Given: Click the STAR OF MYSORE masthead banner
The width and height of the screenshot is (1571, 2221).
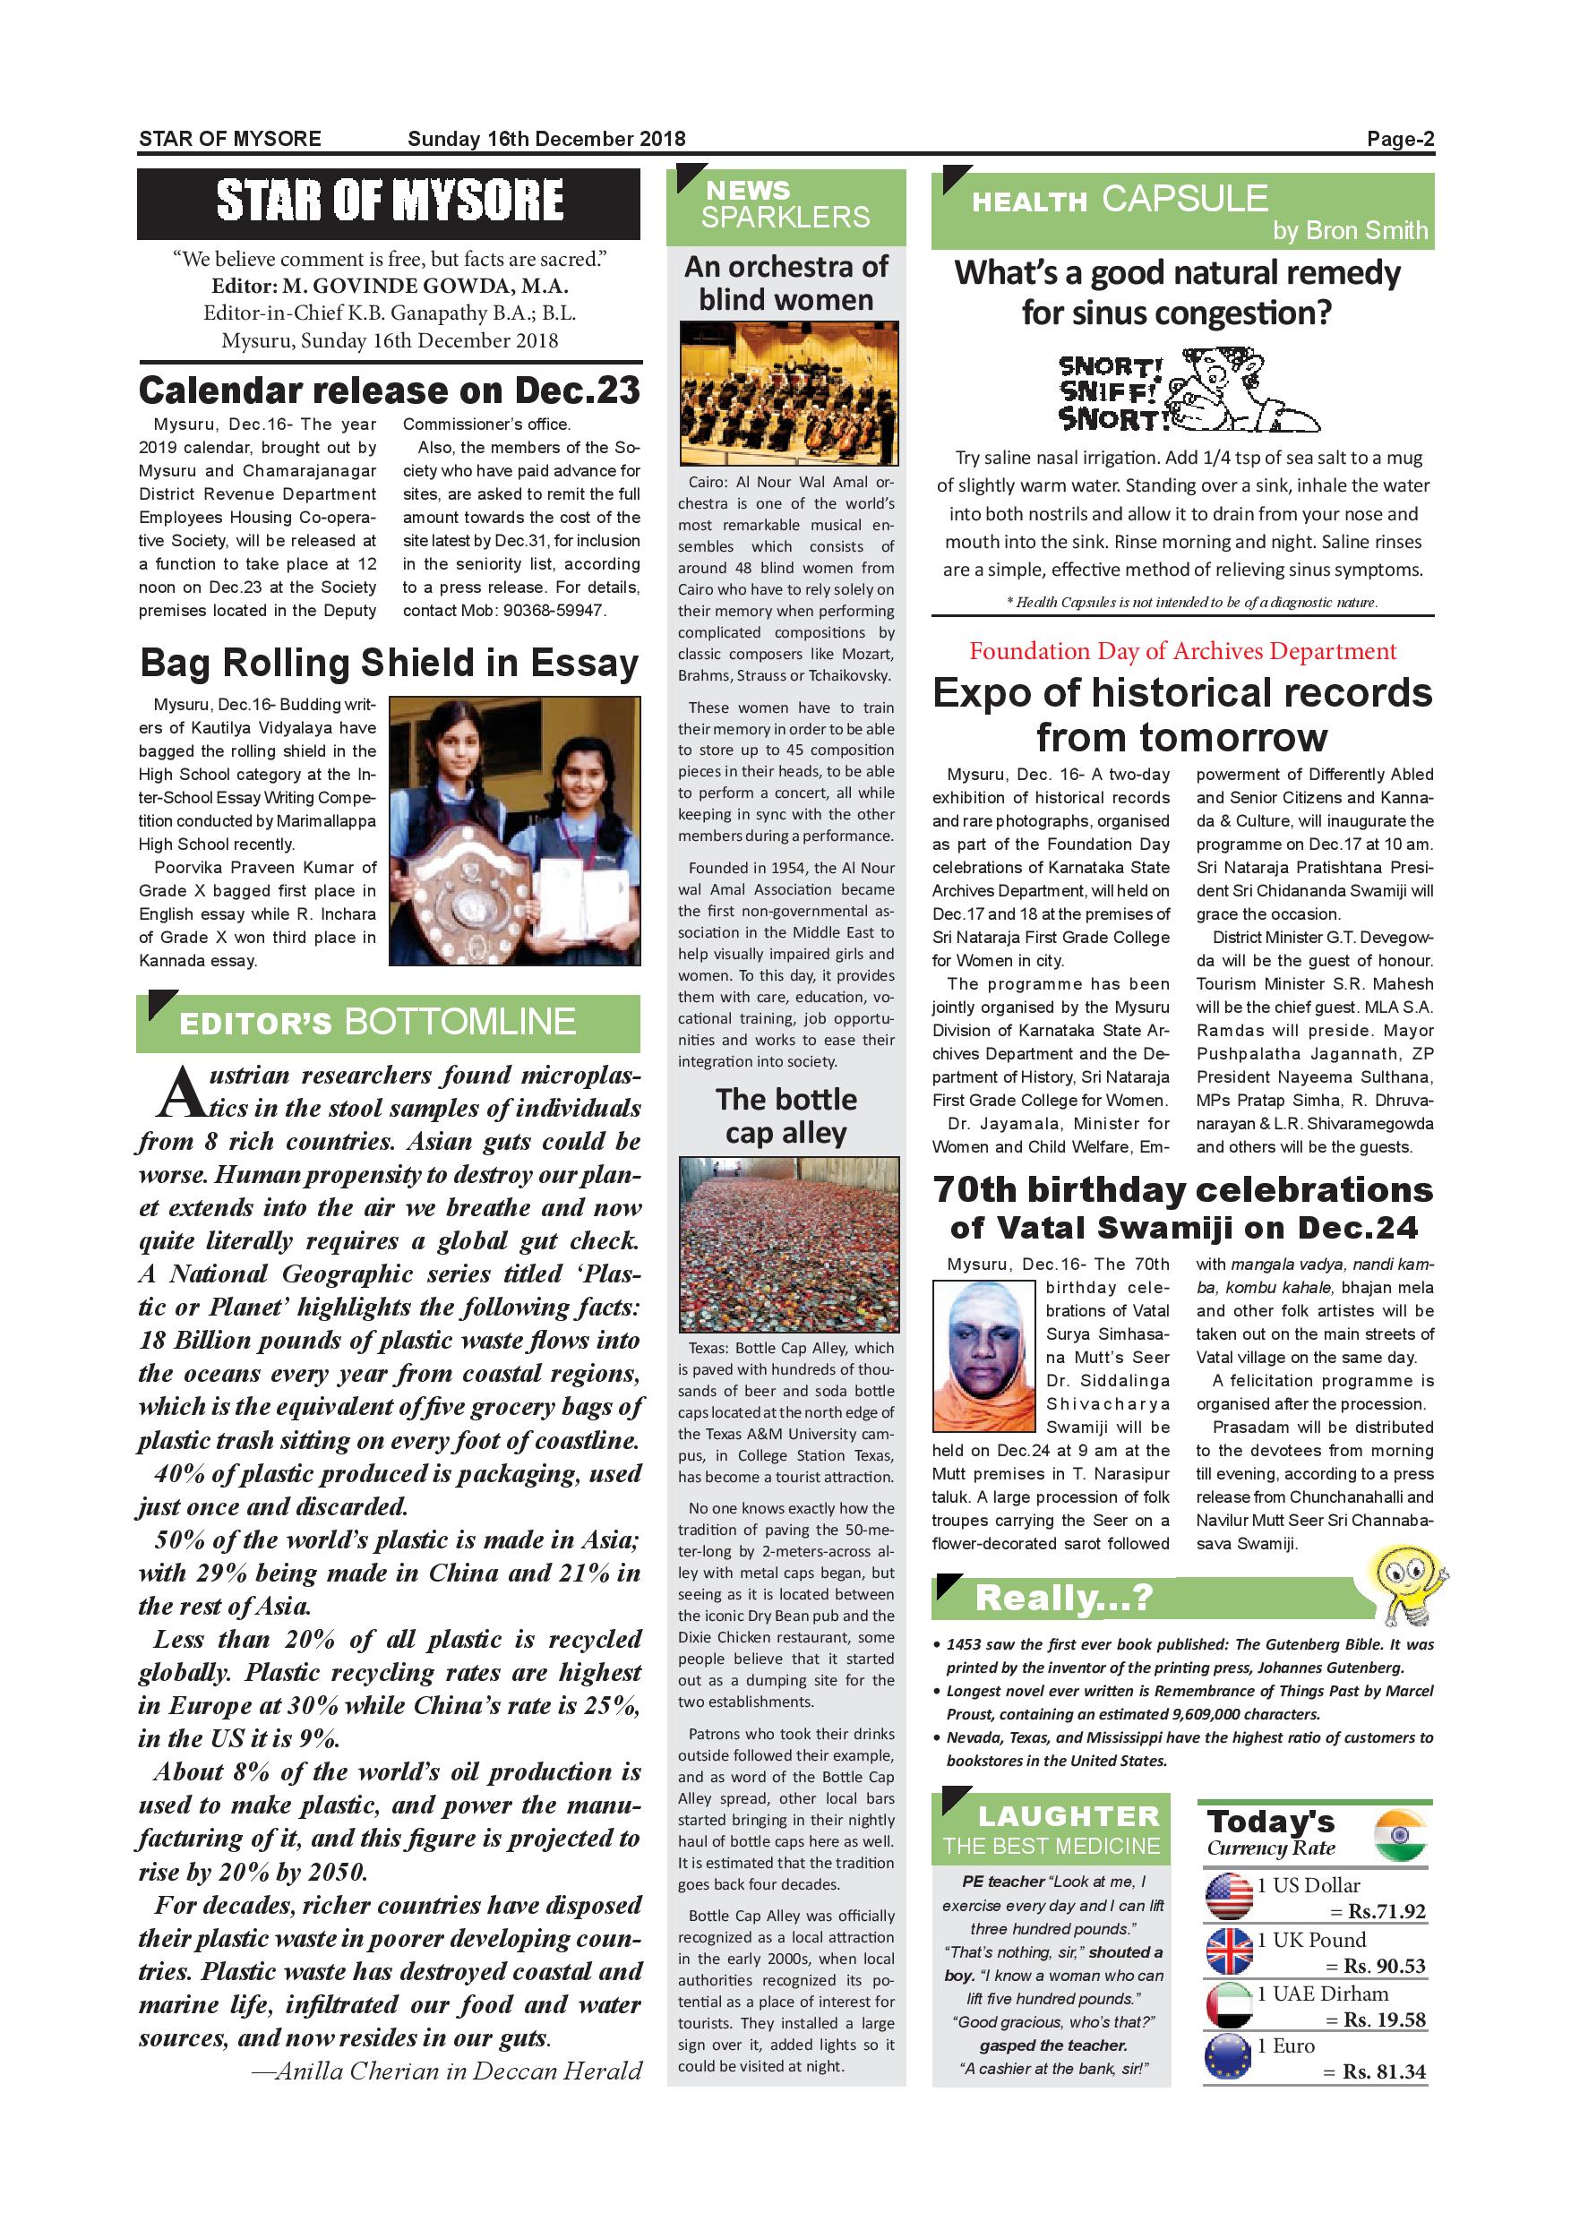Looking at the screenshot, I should pos(388,203).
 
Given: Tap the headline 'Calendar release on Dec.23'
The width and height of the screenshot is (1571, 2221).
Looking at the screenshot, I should pos(389,390).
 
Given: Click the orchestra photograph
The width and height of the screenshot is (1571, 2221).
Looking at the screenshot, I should pos(788,393).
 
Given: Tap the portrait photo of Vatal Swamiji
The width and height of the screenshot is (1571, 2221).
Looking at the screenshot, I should pos(983,1355).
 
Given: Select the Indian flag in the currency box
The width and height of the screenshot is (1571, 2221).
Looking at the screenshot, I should pos(1400,1835).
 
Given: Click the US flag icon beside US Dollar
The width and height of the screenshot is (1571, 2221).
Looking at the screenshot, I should pos(1230,1896).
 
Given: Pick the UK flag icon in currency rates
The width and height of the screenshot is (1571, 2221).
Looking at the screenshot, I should pos(1230,1951).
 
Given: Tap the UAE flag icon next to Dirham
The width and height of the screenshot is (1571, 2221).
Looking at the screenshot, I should pos(1230,2005).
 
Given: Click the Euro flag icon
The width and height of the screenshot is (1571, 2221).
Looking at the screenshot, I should pos(1230,2057).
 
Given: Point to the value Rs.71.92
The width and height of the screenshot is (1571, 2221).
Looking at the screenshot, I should pos(1386,1912).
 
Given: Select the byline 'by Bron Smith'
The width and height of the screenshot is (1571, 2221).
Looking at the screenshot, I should pos(1350,230).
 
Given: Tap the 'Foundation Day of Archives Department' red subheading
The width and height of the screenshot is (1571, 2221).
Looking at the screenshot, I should pos(1182,651).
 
